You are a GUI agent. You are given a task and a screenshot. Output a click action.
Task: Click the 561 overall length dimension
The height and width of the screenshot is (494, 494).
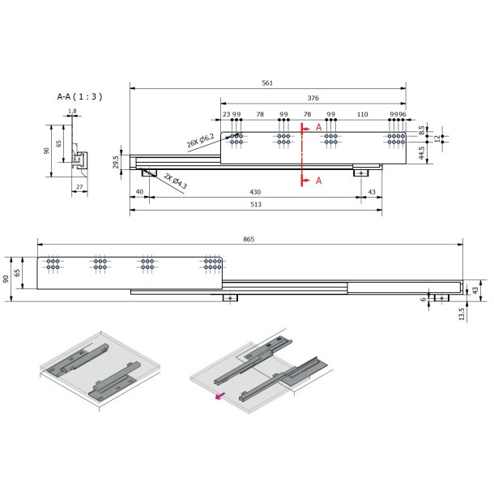[x=267, y=83]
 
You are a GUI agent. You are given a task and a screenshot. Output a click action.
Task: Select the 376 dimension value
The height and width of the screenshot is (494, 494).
[x=313, y=97]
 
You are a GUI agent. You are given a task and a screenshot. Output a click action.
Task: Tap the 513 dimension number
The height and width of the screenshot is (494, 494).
[x=255, y=205]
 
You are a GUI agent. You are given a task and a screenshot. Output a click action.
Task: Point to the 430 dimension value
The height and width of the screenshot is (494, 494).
[x=255, y=191]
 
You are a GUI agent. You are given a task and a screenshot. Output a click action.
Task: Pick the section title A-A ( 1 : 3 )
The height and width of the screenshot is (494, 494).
[x=79, y=96]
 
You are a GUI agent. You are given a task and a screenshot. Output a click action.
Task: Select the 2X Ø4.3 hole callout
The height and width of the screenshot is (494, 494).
[x=175, y=180]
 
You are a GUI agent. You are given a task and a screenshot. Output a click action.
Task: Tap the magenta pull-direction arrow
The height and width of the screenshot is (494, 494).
[x=219, y=397]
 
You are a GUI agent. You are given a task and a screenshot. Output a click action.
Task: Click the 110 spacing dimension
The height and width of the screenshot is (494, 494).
[x=362, y=115]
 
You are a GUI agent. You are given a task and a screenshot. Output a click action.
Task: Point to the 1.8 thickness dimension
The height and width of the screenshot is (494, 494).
[x=72, y=112]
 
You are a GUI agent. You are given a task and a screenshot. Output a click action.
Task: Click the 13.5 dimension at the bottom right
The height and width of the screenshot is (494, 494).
[x=462, y=314]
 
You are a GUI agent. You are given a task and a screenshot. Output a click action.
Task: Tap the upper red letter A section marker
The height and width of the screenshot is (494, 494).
[x=318, y=128]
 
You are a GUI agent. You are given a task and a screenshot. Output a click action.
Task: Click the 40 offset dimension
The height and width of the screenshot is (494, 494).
[x=139, y=191]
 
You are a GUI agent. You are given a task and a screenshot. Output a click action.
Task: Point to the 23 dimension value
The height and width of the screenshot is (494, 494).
[x=226, y=115]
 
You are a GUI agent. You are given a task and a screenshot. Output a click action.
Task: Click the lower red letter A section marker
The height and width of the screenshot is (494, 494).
[x=318, y=180]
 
